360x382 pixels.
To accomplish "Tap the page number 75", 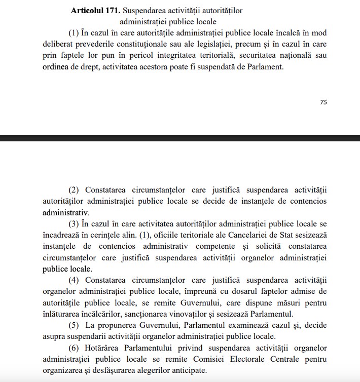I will pyautogui.click(x=323, y=102).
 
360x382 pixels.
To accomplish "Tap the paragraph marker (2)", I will pyautogui.click(x=75, y=190).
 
